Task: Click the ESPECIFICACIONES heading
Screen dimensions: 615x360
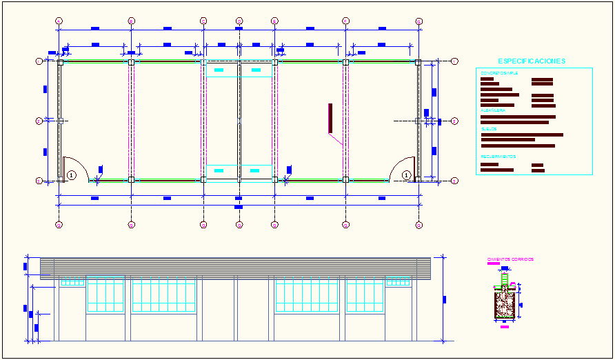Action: coord(532,61)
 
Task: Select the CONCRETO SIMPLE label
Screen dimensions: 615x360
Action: coord(499,72)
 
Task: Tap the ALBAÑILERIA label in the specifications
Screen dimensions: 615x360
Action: coord(493,110)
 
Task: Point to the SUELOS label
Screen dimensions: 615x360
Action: coord(488,129)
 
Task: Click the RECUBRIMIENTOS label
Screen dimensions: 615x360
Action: coord(498,157)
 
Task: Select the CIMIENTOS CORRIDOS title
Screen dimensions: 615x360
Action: coord(510,259)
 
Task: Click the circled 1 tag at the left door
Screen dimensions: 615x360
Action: coord(72,175)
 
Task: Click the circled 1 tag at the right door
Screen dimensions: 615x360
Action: coord(407,175)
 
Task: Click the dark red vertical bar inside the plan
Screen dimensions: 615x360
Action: coord(330,118)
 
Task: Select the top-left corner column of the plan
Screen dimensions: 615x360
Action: coord(60,62)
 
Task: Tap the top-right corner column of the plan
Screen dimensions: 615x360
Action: coord(418,62)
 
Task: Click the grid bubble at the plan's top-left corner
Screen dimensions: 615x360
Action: coord(59,21)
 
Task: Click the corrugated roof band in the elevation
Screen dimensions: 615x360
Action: coord(234,267)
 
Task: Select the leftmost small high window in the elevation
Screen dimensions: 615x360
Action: coord(72,281)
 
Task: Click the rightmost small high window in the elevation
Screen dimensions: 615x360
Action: coord(398,281)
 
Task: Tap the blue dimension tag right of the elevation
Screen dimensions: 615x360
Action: coord(445,299)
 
